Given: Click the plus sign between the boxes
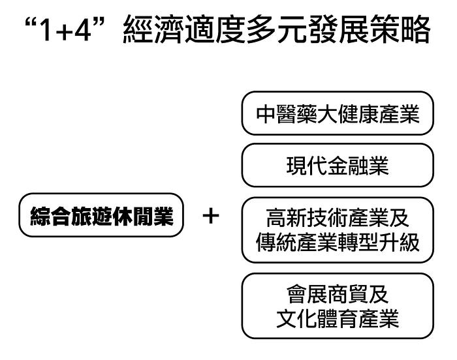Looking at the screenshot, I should [210, 216].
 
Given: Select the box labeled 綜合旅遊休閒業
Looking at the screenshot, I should [100, 215].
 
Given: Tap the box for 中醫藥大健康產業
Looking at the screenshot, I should [337, 114].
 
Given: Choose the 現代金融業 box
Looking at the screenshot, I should [337, 166].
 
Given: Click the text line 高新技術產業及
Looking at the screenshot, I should [337, 216].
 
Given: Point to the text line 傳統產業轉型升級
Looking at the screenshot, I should [337, 243].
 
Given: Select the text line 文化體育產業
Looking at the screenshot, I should [337, 320].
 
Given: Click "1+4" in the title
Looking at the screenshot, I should [71, 31].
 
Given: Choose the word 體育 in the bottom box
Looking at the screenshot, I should [337, 320].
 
